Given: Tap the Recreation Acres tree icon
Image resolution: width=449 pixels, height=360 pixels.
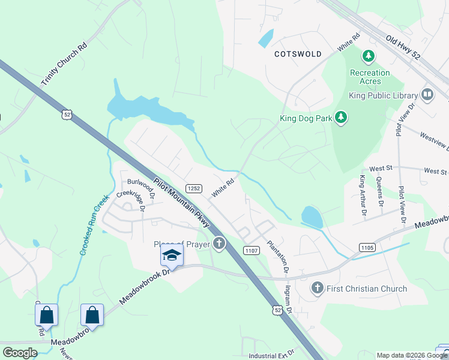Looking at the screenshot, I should click(x=369, y=57).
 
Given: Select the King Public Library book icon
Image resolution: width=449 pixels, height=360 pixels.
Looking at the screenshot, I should click(x=427, y=95).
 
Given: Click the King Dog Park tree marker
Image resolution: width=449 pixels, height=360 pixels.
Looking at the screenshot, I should click(x=341, y=117).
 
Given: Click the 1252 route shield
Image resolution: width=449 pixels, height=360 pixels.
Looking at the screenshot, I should click(x=193, y=188).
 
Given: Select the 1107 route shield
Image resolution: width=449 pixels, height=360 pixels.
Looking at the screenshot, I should click(x=252, y=250).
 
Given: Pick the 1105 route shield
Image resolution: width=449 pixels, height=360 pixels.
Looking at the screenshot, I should click(x=367, y=247).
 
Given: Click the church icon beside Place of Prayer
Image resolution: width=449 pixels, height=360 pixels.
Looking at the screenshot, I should click(x=220, y=244).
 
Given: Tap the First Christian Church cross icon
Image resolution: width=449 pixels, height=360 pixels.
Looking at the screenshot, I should click(x=318, y=289).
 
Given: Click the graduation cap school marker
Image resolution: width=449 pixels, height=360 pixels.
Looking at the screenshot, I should click(x=172, y=256).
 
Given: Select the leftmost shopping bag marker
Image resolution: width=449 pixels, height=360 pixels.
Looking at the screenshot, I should click(x=46, y=314).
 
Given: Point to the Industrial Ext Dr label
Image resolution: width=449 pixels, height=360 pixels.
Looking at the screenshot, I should click(x=271, y=353).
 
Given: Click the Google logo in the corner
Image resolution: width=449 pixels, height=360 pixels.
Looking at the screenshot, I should click(x=20, y=353).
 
